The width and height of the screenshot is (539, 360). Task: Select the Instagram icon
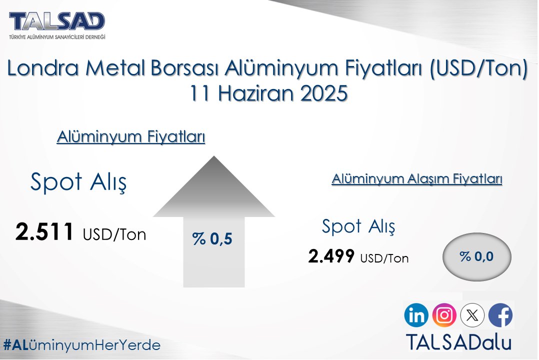point(444,315)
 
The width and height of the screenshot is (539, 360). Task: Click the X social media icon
point(472,315)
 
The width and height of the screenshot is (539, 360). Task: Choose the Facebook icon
point(500,315)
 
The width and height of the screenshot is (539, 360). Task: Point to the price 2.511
point(45,232)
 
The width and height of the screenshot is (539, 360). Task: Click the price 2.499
point(331,257)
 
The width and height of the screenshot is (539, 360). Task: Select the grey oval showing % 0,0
point(477,257)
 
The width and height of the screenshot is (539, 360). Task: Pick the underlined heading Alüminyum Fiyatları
point(131,137)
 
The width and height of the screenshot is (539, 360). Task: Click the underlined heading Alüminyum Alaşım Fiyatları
point(416,179)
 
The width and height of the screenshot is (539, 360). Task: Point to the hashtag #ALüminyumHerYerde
point(81,345)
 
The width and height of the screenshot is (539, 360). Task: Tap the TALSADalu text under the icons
point(458,342)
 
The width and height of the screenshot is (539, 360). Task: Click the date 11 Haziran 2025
point(268,93)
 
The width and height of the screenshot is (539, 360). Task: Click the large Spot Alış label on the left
point(78,182)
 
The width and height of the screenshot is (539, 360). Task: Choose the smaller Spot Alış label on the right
point(358,227)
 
